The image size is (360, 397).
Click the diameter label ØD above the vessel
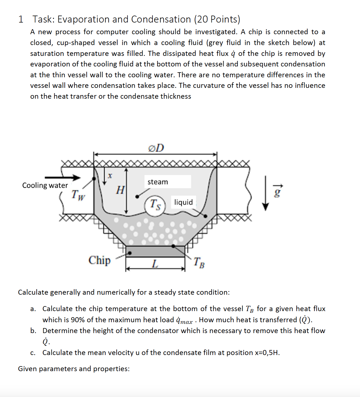pyautogui.click(x=156, y=148)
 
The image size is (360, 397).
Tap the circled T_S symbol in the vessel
pyautogui.click(x=155, y=205)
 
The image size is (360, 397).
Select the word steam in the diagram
pyautogui.click(x=158, y=182)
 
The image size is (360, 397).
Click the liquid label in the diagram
pyautogui.click(x=183, y=202)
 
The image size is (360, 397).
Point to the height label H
pyautogui.click(x=120, y=190)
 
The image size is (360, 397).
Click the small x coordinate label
pyautogui.click(x=110, y=176)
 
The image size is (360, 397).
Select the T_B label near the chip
pyautogui.click(x=199, y=262)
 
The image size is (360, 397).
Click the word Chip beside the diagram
pyautogui.click(x=99, y=260)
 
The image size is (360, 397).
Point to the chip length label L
pyautogui.click(x=155, y=263)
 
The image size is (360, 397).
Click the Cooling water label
pyautogui.click(x=45, y=185)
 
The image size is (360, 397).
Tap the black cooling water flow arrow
pyautogui.click(x=62, y=177)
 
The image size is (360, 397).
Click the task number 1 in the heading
pyautogui.click(x=21, y=19)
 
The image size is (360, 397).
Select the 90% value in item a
pyautogui.click(x=77, y=320)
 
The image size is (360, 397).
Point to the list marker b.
pyautogui.click(x=33, y=331)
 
